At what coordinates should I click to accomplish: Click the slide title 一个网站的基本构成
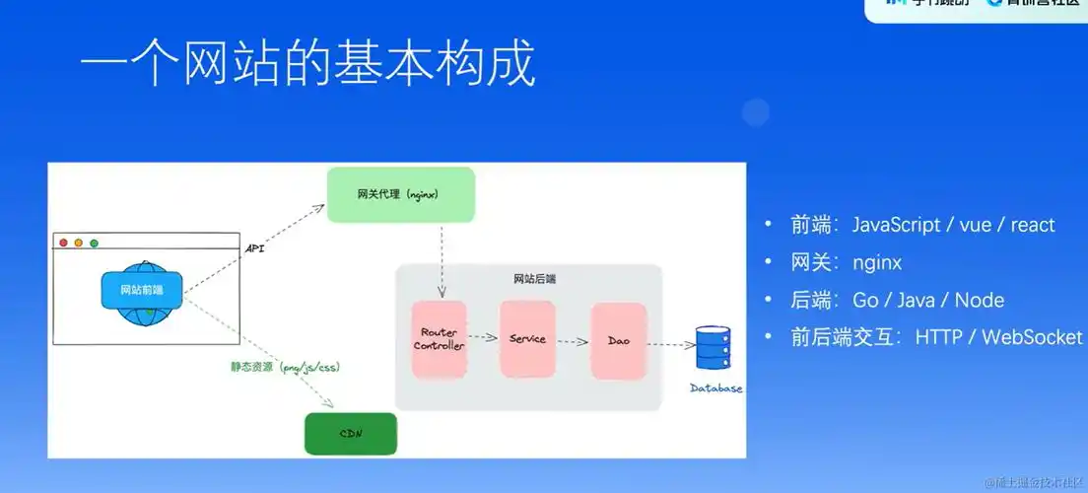coord(307,65)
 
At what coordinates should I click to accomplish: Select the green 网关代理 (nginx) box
coord(400,194)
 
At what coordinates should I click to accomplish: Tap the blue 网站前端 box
coord(142,289)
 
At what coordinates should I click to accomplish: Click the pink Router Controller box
coord(439,339)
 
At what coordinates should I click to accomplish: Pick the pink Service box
coord(527,338)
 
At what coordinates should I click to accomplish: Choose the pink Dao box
coord(618,341)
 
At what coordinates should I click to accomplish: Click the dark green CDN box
coord(350,434)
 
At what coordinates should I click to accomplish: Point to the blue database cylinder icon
coord(717,349)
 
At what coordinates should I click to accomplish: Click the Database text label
coord(716,388)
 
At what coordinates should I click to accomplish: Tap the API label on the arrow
coord(255,249)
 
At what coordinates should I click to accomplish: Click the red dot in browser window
coord(64,243)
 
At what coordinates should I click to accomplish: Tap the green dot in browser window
coord(95,243)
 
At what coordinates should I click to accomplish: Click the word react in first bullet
coord(1032,225)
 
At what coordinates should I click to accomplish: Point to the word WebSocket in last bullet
coord(1033,337)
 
